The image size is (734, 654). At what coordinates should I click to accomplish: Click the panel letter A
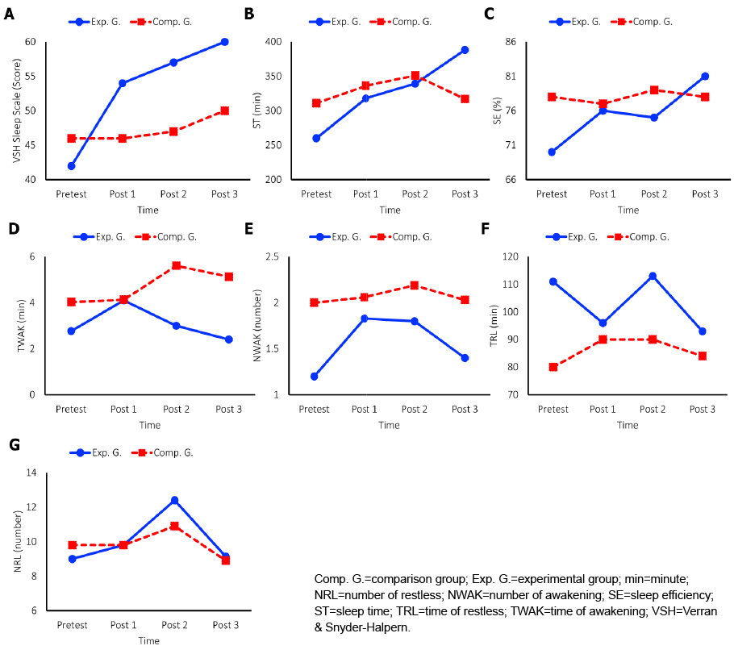click(9, 15)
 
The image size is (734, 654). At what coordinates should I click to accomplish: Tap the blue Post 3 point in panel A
click(225, 42)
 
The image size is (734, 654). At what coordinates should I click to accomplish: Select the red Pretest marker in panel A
click(72, 139)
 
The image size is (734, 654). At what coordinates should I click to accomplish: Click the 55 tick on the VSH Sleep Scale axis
click(30, 77)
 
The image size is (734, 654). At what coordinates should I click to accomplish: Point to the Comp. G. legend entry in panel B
click(401, 22)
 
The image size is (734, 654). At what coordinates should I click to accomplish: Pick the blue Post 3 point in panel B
click(465, 50)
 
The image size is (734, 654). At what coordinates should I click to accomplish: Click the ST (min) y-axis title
click(256, 110)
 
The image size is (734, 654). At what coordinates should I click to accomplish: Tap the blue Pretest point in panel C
click(552, 152)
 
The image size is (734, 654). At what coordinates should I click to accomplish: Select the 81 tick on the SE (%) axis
click(511, 77)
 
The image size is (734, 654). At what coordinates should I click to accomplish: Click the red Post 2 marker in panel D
click(177, 266)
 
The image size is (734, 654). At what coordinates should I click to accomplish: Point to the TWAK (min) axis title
click(21, 326)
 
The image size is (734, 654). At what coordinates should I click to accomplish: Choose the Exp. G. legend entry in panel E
click(336, 237)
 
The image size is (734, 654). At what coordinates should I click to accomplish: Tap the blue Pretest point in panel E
click(314, 377)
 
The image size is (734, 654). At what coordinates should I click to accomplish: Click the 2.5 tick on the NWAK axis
click(272, 256)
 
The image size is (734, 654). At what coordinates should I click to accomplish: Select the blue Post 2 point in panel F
click(653, 277)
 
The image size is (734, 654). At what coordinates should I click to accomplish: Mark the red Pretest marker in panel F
click(553, 367)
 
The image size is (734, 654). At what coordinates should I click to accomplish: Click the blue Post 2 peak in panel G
click(174, 501)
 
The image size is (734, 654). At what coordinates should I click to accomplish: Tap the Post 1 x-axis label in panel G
click(123, 625)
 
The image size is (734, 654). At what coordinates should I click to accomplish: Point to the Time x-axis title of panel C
click(628, 210)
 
